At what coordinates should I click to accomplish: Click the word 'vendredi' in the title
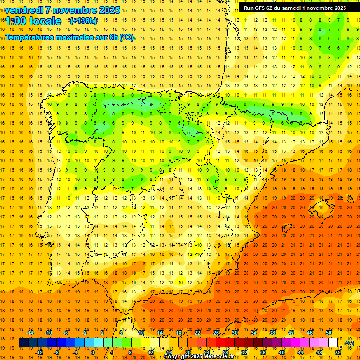pos(23,10)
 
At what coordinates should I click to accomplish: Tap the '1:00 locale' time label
pos(33,21)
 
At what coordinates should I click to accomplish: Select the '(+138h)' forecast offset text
pos(83,21)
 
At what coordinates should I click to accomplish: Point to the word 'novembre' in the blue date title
pos(73,10)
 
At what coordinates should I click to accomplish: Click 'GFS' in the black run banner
pos(263,8)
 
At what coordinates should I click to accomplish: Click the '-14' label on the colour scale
pos(30,333)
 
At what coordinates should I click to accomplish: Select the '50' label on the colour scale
pos(328,333)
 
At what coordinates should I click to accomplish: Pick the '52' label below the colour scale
pos(337,352)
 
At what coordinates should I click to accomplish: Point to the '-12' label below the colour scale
pos(38,352)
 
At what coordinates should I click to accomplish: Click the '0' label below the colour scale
pos(92,352)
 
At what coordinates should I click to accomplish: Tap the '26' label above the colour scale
pos(216,333)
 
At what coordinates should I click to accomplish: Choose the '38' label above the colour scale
pos(272,333)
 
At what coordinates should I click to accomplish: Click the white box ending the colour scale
pos(333,343)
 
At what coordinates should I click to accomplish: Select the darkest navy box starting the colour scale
pos(23,343)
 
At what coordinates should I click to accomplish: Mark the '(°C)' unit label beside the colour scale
pos(349,343)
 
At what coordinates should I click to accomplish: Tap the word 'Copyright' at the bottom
pos(178,357)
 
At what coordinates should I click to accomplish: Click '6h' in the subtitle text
pos(112,37)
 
